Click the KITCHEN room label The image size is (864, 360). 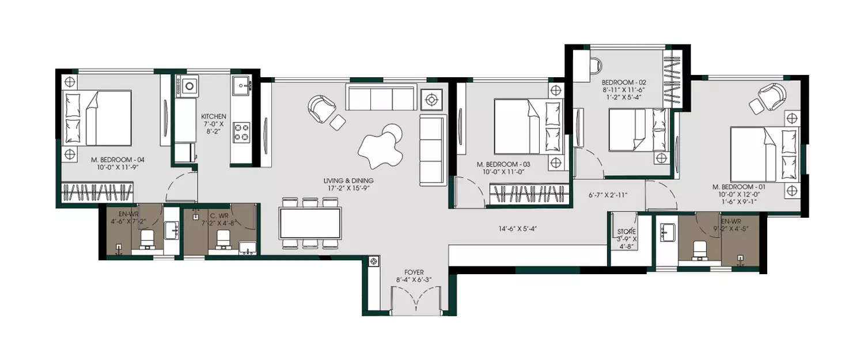coord(214,116)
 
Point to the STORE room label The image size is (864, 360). coord(626,232)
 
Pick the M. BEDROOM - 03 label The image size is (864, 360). coord(503,164)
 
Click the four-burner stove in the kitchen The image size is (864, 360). coord(241,132)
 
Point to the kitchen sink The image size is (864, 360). coord(242,86)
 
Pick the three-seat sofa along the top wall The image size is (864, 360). coord(381,97)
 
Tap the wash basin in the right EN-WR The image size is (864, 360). coord(669,232)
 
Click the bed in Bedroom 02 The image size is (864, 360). coord(638,131)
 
